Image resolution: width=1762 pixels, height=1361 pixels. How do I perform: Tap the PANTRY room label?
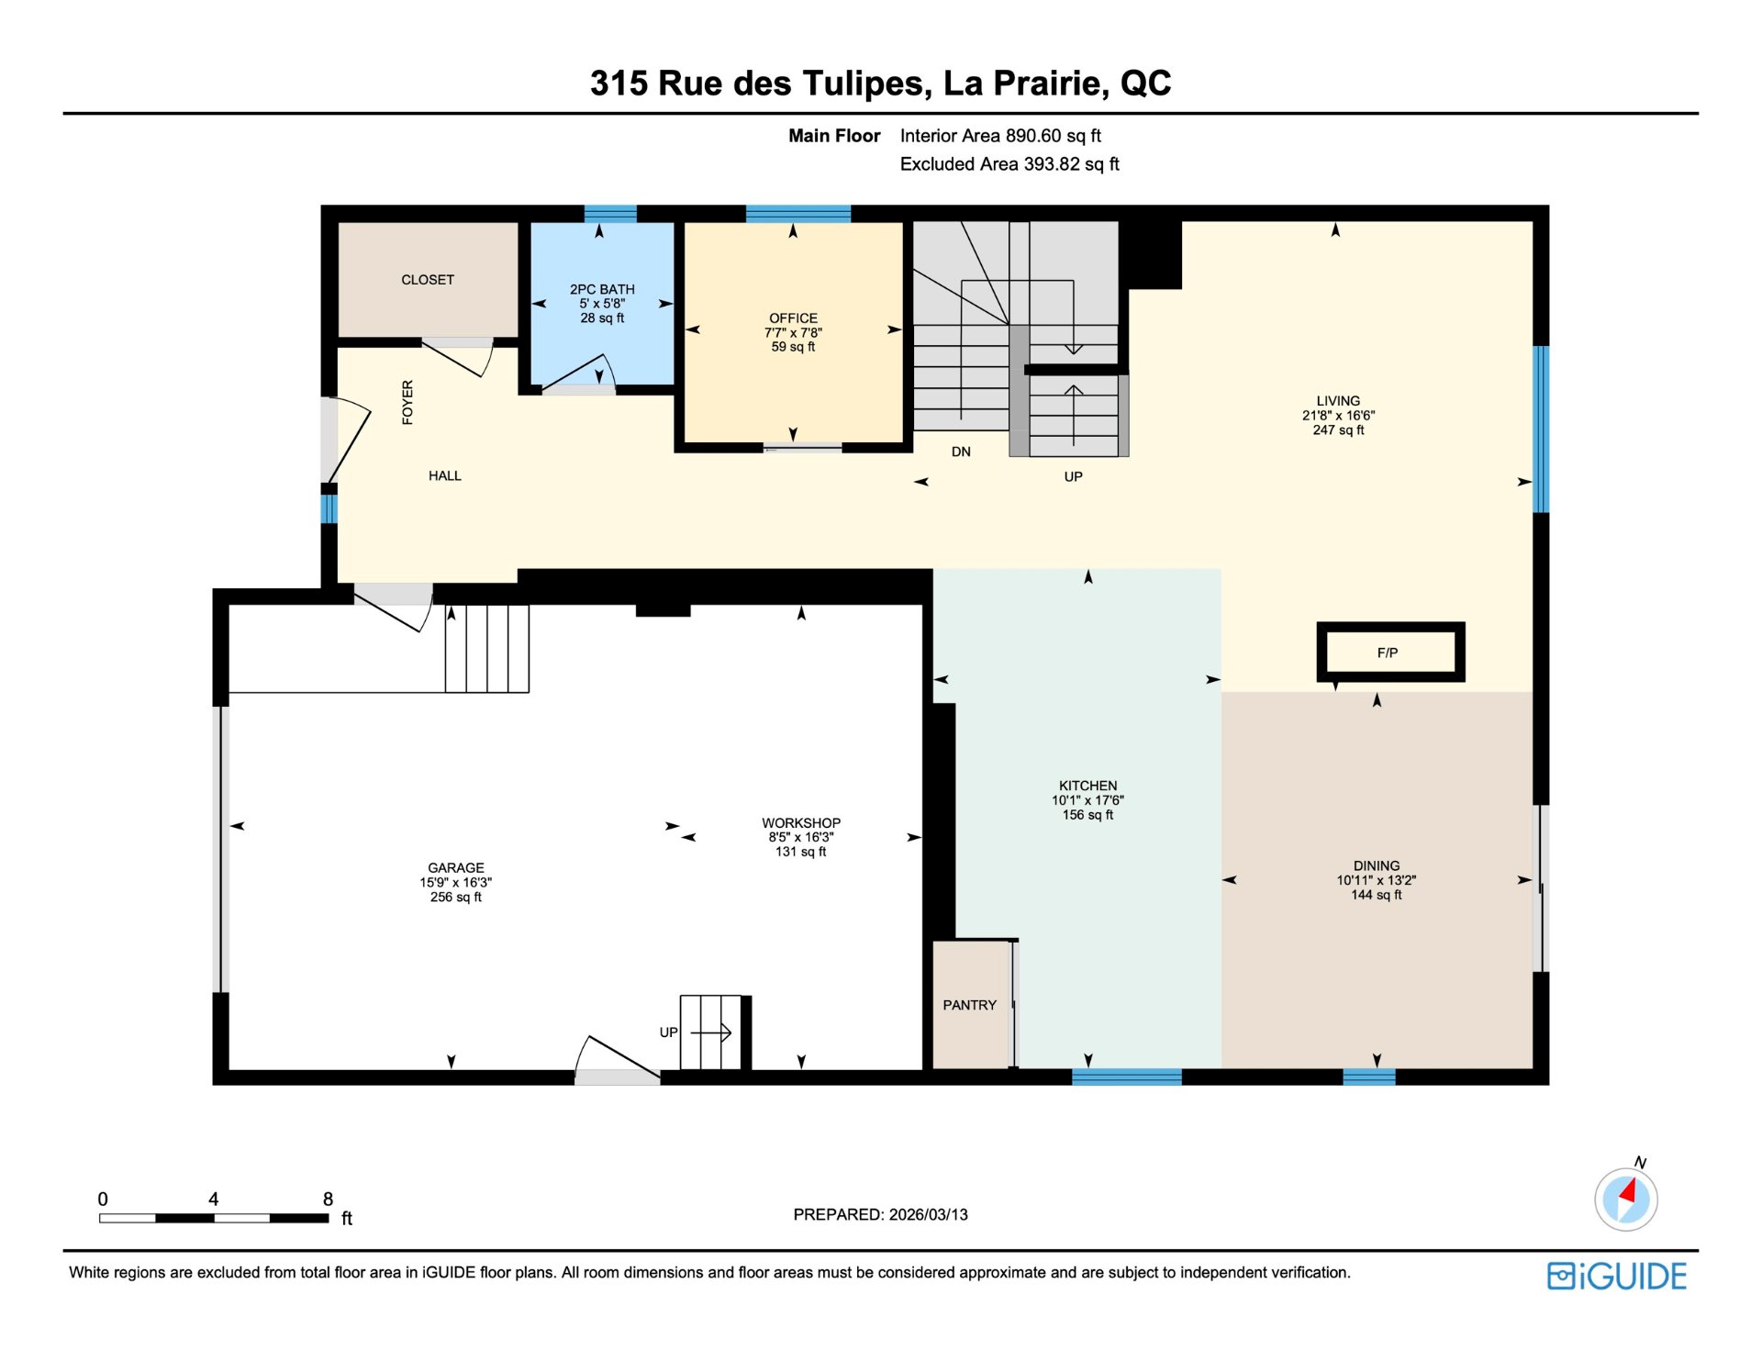969,1005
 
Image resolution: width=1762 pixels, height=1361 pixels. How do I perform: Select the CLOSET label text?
428,280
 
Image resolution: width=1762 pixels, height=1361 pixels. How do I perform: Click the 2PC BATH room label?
602,289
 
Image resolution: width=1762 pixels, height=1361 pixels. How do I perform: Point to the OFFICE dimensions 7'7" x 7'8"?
793,333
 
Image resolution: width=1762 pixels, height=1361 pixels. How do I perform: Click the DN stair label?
961,452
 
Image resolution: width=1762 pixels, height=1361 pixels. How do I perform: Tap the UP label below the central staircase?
1073,476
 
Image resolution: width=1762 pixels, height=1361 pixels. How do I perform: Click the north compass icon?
1626,1198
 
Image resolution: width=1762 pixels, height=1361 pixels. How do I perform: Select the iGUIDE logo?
1617,1277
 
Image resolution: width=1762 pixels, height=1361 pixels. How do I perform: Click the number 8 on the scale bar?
328,1199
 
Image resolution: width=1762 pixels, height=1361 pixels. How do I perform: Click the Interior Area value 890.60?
1033,136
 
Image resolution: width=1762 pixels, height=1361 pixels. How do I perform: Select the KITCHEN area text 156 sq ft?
1087,815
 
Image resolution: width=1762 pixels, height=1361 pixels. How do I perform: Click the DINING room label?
1377,865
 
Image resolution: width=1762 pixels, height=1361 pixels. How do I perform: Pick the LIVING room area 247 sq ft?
1338,429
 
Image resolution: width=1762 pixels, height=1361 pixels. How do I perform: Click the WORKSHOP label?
801,823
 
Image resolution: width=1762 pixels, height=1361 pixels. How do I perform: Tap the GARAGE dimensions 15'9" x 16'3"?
456,882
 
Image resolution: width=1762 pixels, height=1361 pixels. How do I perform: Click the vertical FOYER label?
407,402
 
